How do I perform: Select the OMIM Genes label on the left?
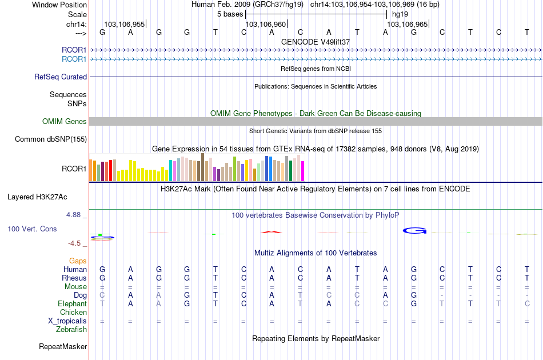click(65, 121)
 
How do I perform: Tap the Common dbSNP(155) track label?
click(51, 139)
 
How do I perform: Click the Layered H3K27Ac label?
click(37, 197)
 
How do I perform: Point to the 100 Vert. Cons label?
click(32, 229)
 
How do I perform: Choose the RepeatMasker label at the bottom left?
click(63, 346)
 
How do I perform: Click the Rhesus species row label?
click(74, 278)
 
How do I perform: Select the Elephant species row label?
click(72, 303)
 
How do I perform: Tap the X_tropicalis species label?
click(67, 321)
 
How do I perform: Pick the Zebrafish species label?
click(71, 329)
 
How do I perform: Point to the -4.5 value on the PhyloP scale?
click(75, 243)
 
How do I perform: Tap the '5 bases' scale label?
click(230, 13)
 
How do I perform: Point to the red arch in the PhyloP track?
click(271, 231)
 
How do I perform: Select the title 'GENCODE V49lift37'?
click(316, 42)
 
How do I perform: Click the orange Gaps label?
click(78, 261)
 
